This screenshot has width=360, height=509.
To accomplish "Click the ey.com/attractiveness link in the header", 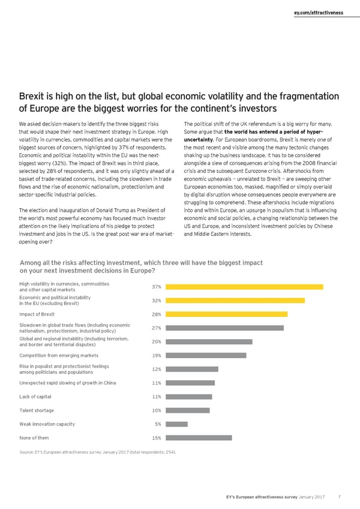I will (x=318, y=13).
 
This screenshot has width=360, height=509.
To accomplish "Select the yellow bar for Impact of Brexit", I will (x=227, y=314).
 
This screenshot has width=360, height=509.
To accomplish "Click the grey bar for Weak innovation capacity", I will (x=178, y=424).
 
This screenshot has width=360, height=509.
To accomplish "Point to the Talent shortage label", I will (x=37, y=411).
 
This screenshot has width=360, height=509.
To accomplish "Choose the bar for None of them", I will (x=200, y=438).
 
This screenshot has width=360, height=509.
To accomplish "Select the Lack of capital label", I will (x=35, y=397).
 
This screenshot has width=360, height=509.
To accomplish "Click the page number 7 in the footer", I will (x=340, y=496).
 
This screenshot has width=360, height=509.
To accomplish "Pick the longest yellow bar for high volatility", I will (x=245, y=286).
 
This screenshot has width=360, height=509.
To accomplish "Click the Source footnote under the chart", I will (x=98, y=451).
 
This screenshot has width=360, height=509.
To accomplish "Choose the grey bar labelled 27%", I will (x=226, y=328).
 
